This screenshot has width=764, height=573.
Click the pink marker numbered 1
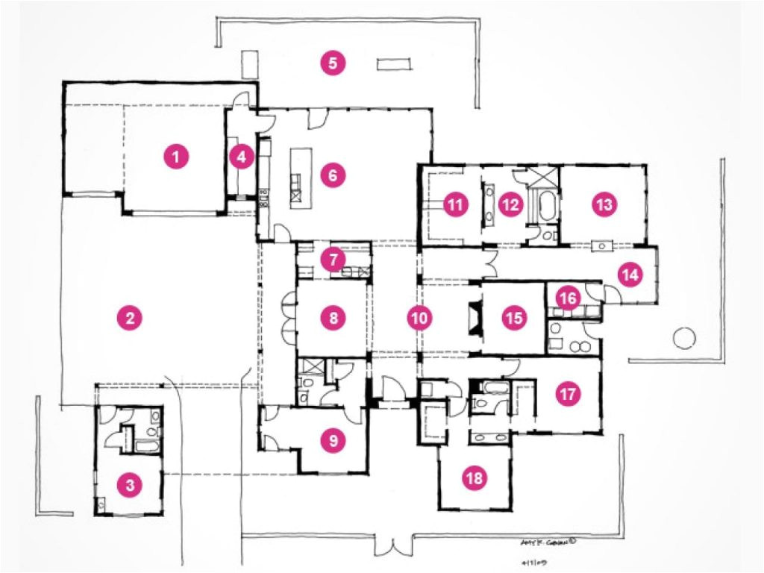tap(175, 157)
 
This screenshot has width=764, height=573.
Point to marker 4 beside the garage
tap(240, 157)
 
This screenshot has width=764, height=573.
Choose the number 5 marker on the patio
tap(333, 63)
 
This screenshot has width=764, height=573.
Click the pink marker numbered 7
tap(333, 260)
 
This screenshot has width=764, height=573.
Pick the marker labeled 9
tap(333, 441)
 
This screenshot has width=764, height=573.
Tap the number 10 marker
tap(419, 318)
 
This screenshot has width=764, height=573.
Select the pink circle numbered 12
tap(510, 204)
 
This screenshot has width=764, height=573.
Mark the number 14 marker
tap(630, 275)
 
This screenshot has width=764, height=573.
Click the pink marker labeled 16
tap(567, 298)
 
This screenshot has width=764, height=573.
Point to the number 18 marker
tap(474, 479)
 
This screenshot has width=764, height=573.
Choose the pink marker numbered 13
tap(604, 204)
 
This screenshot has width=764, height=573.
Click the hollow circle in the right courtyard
tap(684, 339)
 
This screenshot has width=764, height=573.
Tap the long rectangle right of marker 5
tap(394, 65)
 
